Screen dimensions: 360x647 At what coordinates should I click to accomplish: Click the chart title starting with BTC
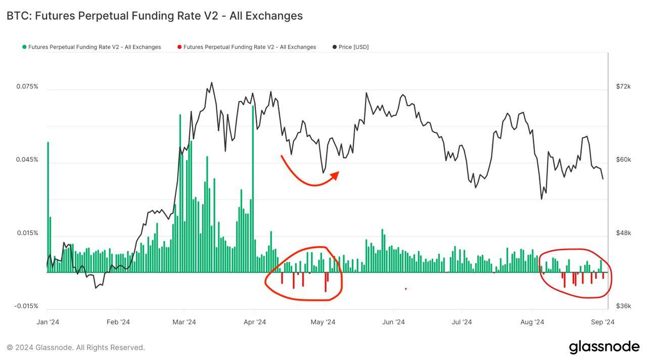click(x=154, y=16)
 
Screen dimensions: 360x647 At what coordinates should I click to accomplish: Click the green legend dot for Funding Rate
click(x=24, y=47)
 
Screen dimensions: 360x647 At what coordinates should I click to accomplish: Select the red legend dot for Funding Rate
click(x=179, y=47)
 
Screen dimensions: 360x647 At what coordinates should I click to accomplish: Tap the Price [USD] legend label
click(x=353, y=47)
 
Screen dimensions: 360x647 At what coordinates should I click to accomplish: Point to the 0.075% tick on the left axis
click(x=27, y=86)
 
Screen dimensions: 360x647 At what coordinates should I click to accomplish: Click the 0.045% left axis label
click(x=27, y=160)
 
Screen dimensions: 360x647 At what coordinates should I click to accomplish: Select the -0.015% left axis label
click(x=26, y=306)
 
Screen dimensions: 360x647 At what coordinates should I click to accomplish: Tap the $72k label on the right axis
click(x=623, y=86)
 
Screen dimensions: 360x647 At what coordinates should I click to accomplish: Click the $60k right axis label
click(x=623, y=160)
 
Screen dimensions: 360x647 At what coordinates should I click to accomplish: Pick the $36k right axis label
click(x=623, y=306)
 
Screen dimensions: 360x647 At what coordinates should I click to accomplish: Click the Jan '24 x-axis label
click(x=49, y=322)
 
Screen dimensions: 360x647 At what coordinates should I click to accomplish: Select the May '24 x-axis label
click(x=323, y=322)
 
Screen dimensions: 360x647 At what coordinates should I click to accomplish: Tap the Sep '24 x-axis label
click(x=603, y=322)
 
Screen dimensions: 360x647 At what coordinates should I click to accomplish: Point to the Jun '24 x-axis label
click(x=393, y=322)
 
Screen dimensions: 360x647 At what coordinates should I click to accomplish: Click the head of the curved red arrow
click(x=336, y=174)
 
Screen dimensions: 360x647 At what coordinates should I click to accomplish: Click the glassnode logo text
click(x=604, y=347)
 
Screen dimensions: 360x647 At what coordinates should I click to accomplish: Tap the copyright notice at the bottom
click(x=76, y=347)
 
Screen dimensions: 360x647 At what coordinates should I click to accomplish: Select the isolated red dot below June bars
click(x=406, y=289)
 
